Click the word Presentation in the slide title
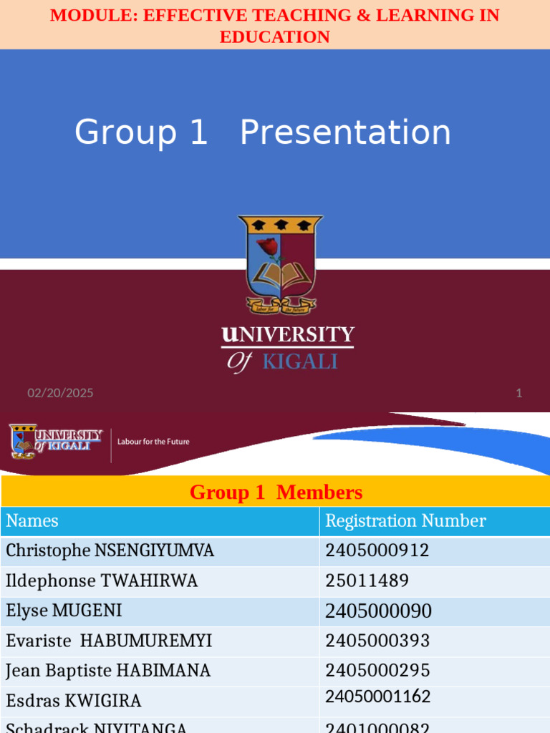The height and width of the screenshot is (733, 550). coord(345,133)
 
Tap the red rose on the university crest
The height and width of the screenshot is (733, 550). coord(269,248)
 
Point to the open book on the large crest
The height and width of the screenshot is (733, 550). coord(281,276)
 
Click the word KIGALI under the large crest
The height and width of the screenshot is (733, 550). coord(299,361)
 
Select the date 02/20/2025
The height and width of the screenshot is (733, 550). coord(60,393)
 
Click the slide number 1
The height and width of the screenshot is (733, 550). coord(519,393)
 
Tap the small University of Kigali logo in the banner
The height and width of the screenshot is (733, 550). coord(56,441)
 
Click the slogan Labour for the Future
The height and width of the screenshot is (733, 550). coord(153,442)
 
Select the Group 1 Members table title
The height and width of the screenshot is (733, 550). coord(276,492)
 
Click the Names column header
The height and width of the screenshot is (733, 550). coord(32,521)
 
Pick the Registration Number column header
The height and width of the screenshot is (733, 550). coord(405,521)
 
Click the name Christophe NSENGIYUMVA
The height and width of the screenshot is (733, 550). coord(110,550)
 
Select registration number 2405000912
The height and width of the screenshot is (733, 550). coord(377,550)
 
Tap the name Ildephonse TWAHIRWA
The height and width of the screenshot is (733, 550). coord(102,581)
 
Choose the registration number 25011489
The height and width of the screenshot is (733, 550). coord(367,581)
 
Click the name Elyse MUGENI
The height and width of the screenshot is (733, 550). coord(64,611)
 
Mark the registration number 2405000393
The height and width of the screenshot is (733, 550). coord(377,641)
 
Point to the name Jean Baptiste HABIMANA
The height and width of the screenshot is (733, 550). coord(108,671)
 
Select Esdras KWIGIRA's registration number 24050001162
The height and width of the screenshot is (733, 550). coord(378,697)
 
